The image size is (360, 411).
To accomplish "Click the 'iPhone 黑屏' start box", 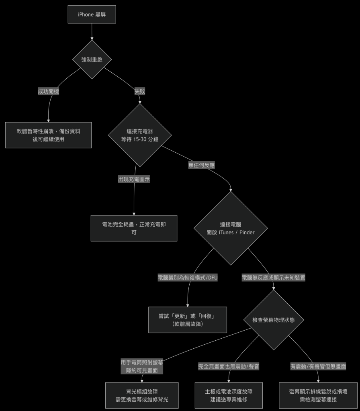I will (92, 14).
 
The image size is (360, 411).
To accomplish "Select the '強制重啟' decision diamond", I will (92, 59).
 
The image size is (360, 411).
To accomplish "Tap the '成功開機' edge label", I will (48, 91).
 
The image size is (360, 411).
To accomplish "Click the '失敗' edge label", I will (140, 91).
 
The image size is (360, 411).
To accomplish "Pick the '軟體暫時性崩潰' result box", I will (48, 135).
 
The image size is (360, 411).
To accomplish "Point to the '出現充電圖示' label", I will (134, 179).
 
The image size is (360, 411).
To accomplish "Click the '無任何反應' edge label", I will (201, 165).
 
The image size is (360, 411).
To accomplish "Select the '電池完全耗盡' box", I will (134, 228).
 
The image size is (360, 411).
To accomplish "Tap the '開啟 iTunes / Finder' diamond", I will (231, 228).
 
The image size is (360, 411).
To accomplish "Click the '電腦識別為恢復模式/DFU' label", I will (188, 277).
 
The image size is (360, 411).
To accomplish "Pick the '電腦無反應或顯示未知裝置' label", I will (273, 277).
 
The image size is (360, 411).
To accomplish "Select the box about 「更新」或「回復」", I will (188, 320).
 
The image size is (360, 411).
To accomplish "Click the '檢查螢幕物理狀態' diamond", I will (273, 320).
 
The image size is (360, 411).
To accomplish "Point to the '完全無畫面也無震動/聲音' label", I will (229, 366).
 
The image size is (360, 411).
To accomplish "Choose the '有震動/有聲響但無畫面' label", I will (318, 366).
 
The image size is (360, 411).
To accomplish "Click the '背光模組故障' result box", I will (141, 395).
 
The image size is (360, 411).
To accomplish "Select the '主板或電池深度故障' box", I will (228, 395).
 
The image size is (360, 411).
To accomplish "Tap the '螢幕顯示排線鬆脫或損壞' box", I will (318, 395).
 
